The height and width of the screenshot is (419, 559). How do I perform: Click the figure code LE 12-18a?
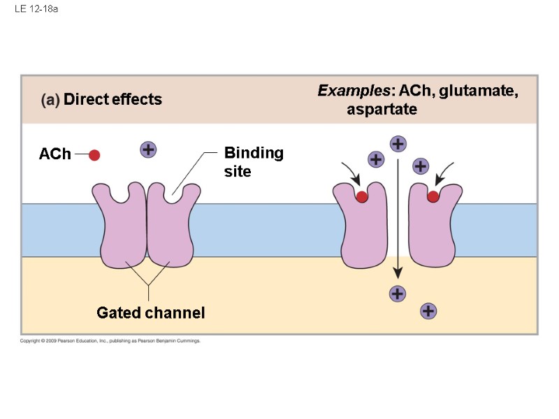coord(36,9)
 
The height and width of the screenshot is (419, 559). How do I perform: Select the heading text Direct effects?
coord(112,99)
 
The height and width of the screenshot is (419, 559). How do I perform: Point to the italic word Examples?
coord(354,91)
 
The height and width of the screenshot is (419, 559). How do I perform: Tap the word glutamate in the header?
coord(478,91)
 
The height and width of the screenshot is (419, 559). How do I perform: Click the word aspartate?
coord(382,109)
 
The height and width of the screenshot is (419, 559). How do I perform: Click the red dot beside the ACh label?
coord(94,155)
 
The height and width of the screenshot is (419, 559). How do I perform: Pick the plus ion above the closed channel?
coord(148,149)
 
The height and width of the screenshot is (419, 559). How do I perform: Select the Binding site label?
coord(254,162)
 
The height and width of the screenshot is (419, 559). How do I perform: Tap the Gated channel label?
coord(151,313)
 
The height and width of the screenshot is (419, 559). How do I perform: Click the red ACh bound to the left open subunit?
coord(362,197)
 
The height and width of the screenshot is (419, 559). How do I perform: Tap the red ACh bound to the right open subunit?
coord(433,196)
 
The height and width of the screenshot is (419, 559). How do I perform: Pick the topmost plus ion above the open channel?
coord(398,144)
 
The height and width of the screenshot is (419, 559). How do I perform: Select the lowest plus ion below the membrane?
coord(428,311)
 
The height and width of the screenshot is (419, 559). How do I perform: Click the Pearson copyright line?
coord(110,341)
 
